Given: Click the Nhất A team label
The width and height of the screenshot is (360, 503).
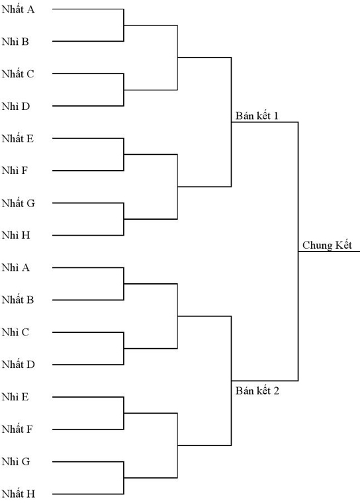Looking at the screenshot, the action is (18, 9).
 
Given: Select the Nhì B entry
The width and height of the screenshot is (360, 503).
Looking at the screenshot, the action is (15, 42).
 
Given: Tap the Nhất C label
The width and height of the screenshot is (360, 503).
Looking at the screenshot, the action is (18, 73).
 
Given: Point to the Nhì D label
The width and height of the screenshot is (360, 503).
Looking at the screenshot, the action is (16, 106).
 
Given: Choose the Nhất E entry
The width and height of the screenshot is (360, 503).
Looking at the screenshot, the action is (18, 138).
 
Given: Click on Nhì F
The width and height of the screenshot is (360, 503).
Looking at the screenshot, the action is (15, 171).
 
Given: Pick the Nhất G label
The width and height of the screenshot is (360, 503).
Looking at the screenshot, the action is (19, 203).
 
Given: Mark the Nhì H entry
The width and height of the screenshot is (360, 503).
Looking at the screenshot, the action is (16, 236).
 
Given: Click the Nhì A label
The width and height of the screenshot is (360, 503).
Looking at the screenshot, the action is (16, 267).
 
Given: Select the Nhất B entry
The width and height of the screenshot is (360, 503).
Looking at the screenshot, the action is (18, 300).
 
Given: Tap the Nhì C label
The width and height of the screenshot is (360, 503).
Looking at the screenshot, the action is (15, 332).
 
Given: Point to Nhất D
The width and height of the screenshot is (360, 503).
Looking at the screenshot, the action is (19, 365).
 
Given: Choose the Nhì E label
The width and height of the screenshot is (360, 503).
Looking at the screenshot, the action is (15, 397).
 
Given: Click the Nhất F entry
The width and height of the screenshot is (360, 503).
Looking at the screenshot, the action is (17, 430).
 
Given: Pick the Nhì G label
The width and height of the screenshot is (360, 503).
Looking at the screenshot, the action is (16, 461).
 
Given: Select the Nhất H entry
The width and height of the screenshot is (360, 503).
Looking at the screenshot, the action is (19, 494).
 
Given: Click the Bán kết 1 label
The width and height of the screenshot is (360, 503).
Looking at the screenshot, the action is (257, 116).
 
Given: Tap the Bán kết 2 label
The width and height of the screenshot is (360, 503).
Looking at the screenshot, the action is (257, 390).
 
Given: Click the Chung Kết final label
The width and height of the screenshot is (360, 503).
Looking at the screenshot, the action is (328, 246).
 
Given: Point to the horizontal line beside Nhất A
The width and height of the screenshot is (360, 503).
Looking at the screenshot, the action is (88, 9).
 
